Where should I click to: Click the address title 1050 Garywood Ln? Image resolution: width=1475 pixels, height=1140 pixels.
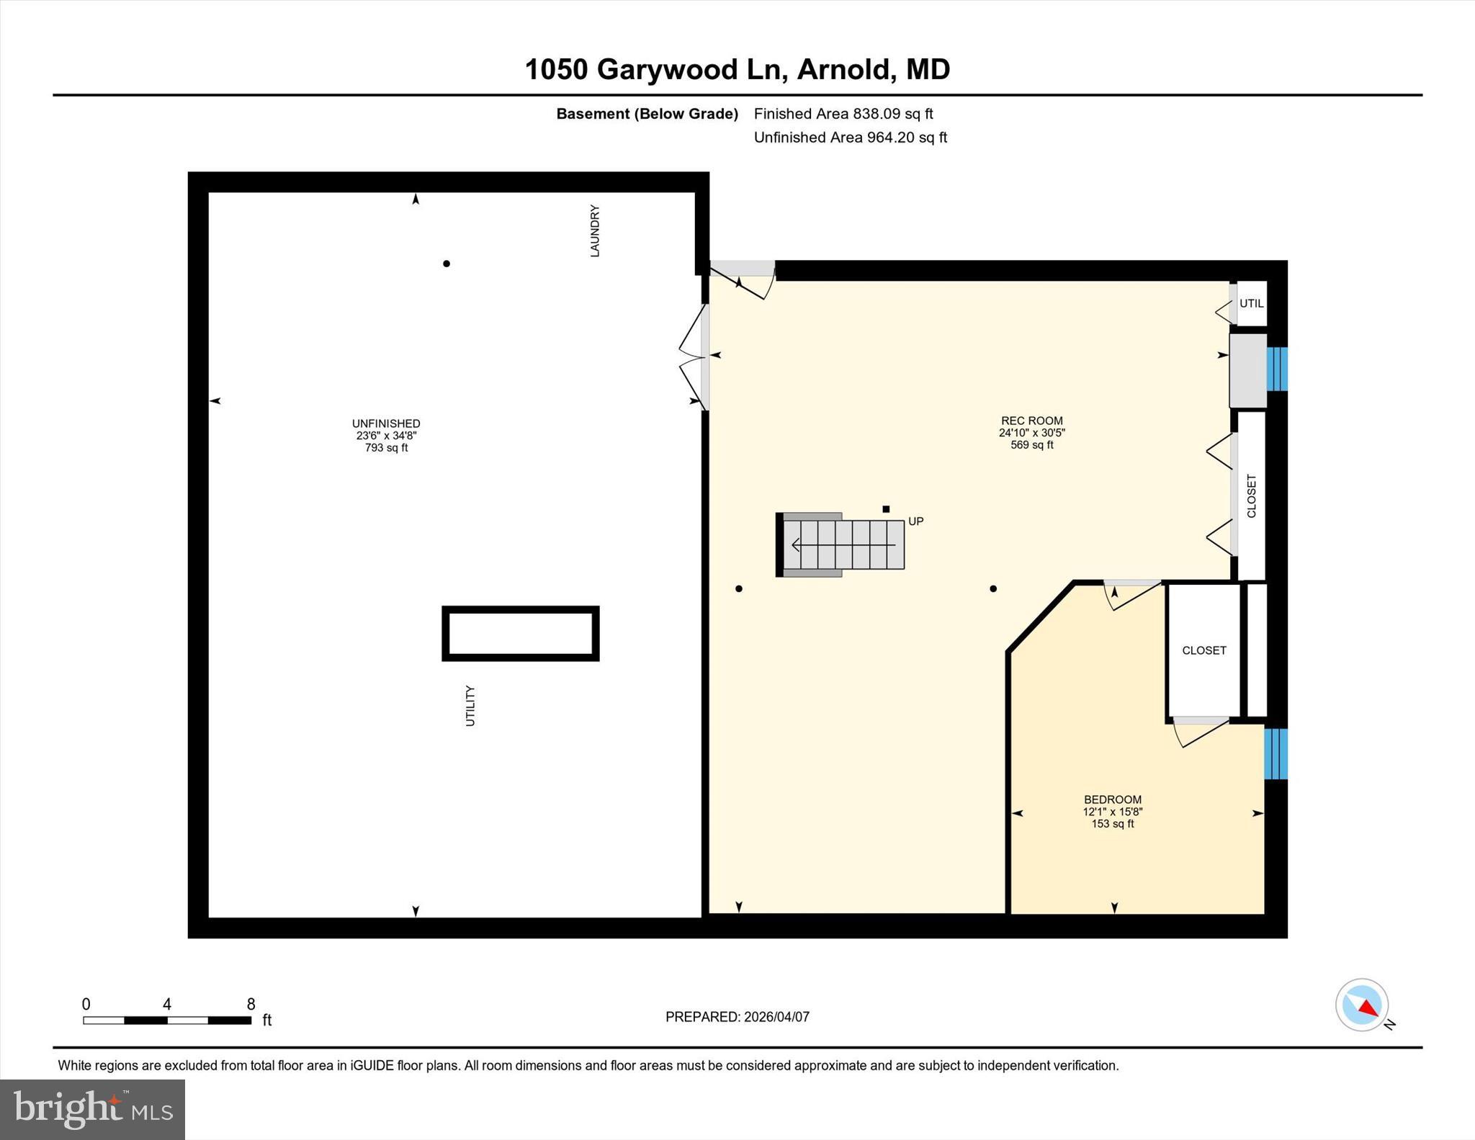point(737,70)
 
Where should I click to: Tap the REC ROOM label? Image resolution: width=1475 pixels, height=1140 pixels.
point(1031,421)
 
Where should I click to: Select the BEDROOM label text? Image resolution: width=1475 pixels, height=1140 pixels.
point(1112,799)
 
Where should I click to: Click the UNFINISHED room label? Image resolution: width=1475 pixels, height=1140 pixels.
point(386,424)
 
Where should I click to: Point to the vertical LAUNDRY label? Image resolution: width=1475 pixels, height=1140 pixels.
point(595,230)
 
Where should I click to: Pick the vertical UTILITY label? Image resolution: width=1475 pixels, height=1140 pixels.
point(470,705)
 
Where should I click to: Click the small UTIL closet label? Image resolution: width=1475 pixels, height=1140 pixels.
point(1251,303)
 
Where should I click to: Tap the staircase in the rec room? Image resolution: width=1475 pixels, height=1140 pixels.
point(843,544)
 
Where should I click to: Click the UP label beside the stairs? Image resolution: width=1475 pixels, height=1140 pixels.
point(915,521)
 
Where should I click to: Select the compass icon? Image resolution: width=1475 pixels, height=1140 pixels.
point(1362,1005)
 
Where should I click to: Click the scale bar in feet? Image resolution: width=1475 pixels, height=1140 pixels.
point(167,1020)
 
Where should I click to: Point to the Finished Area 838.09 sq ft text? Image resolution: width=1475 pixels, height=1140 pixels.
point(843,114)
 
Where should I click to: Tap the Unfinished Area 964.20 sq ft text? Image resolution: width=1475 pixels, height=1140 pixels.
point(850,138)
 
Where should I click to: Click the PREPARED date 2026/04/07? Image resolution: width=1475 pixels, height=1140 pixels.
point(737,1017)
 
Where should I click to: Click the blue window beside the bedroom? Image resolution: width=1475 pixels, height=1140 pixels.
point(1276,754)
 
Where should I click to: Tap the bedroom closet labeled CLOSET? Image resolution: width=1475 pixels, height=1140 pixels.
point(1203,650)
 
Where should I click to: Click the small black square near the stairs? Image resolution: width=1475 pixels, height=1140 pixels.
point(886,509)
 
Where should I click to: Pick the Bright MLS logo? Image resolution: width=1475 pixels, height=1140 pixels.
point(92,1109)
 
